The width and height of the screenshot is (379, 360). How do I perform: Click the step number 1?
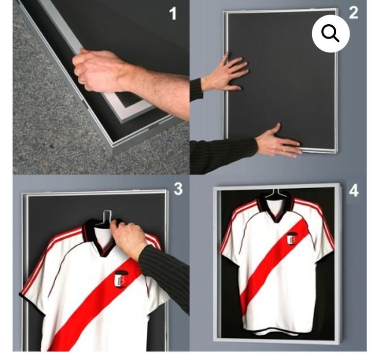click(x=173, y=13)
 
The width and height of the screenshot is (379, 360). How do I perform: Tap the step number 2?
click(x=353, y=13)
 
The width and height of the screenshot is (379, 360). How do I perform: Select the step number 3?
click(x=178, y=189)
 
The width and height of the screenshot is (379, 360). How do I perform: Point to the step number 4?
click(x=354, y=191)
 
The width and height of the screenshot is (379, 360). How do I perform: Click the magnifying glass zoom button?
click(x=331, y=33)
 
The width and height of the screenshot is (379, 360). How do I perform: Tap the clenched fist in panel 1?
click(x=97, y=69)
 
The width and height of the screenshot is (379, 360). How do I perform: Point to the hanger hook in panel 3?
click(x=107, y=215)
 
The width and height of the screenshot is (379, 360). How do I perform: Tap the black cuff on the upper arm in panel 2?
click(x=196, y=89)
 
